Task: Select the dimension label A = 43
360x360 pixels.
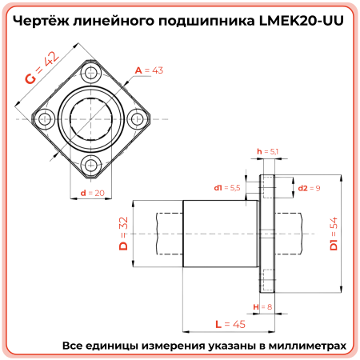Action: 149,71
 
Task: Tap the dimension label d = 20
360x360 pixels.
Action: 94,193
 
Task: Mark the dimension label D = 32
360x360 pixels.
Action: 124,234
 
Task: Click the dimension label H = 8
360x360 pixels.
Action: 262,306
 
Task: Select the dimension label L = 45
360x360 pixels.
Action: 230,324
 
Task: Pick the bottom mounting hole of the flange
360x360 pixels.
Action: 90,164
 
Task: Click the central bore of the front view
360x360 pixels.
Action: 90,119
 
